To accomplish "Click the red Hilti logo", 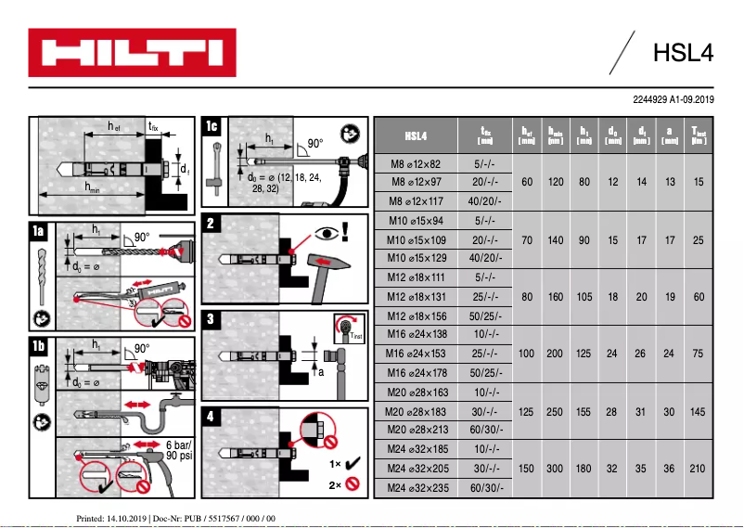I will [124, 53].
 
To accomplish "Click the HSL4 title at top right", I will [682, 53].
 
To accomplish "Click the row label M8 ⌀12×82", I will [416, 163].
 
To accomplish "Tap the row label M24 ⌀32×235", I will [416, 488].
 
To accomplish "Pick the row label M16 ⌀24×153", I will [416, 354].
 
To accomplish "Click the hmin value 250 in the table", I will [556, 411].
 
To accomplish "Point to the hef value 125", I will [527, 411].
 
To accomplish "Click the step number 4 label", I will [212, 417].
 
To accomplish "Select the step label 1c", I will [212, 125].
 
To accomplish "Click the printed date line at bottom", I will [175, 517].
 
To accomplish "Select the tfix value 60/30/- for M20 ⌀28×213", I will [486, 431].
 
